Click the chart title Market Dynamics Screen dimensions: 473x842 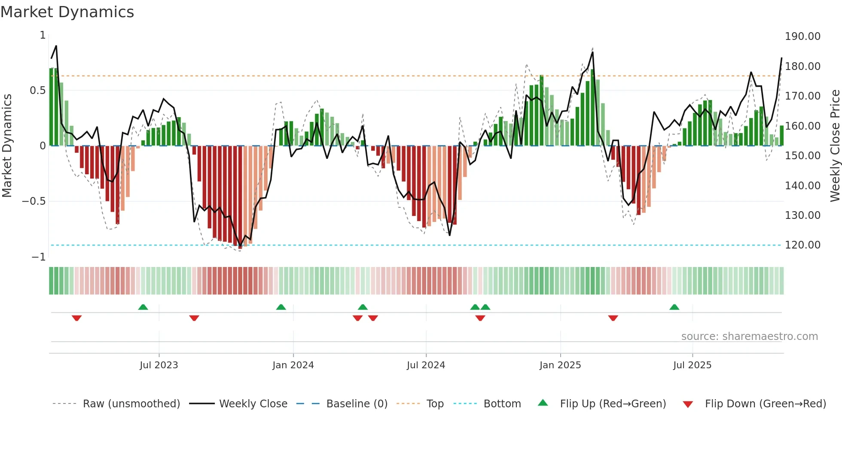point(67,12)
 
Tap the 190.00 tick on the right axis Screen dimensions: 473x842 point(802,36)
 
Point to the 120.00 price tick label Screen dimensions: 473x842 point(802,245)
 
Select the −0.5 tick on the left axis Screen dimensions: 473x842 point(34,201)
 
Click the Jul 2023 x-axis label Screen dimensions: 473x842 point(159,365)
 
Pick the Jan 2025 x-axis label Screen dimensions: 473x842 point(560,365)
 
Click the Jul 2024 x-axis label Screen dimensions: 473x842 point(426,365)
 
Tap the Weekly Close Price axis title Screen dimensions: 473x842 point(835,146)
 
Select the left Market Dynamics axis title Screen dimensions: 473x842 point(7,146)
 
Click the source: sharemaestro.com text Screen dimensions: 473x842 point(749,337)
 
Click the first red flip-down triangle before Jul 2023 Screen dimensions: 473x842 point(77,318)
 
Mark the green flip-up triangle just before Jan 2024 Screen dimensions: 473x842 point(281,307)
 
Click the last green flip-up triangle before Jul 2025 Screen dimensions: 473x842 point(674,307)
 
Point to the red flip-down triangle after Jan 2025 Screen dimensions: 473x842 point(613,318)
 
